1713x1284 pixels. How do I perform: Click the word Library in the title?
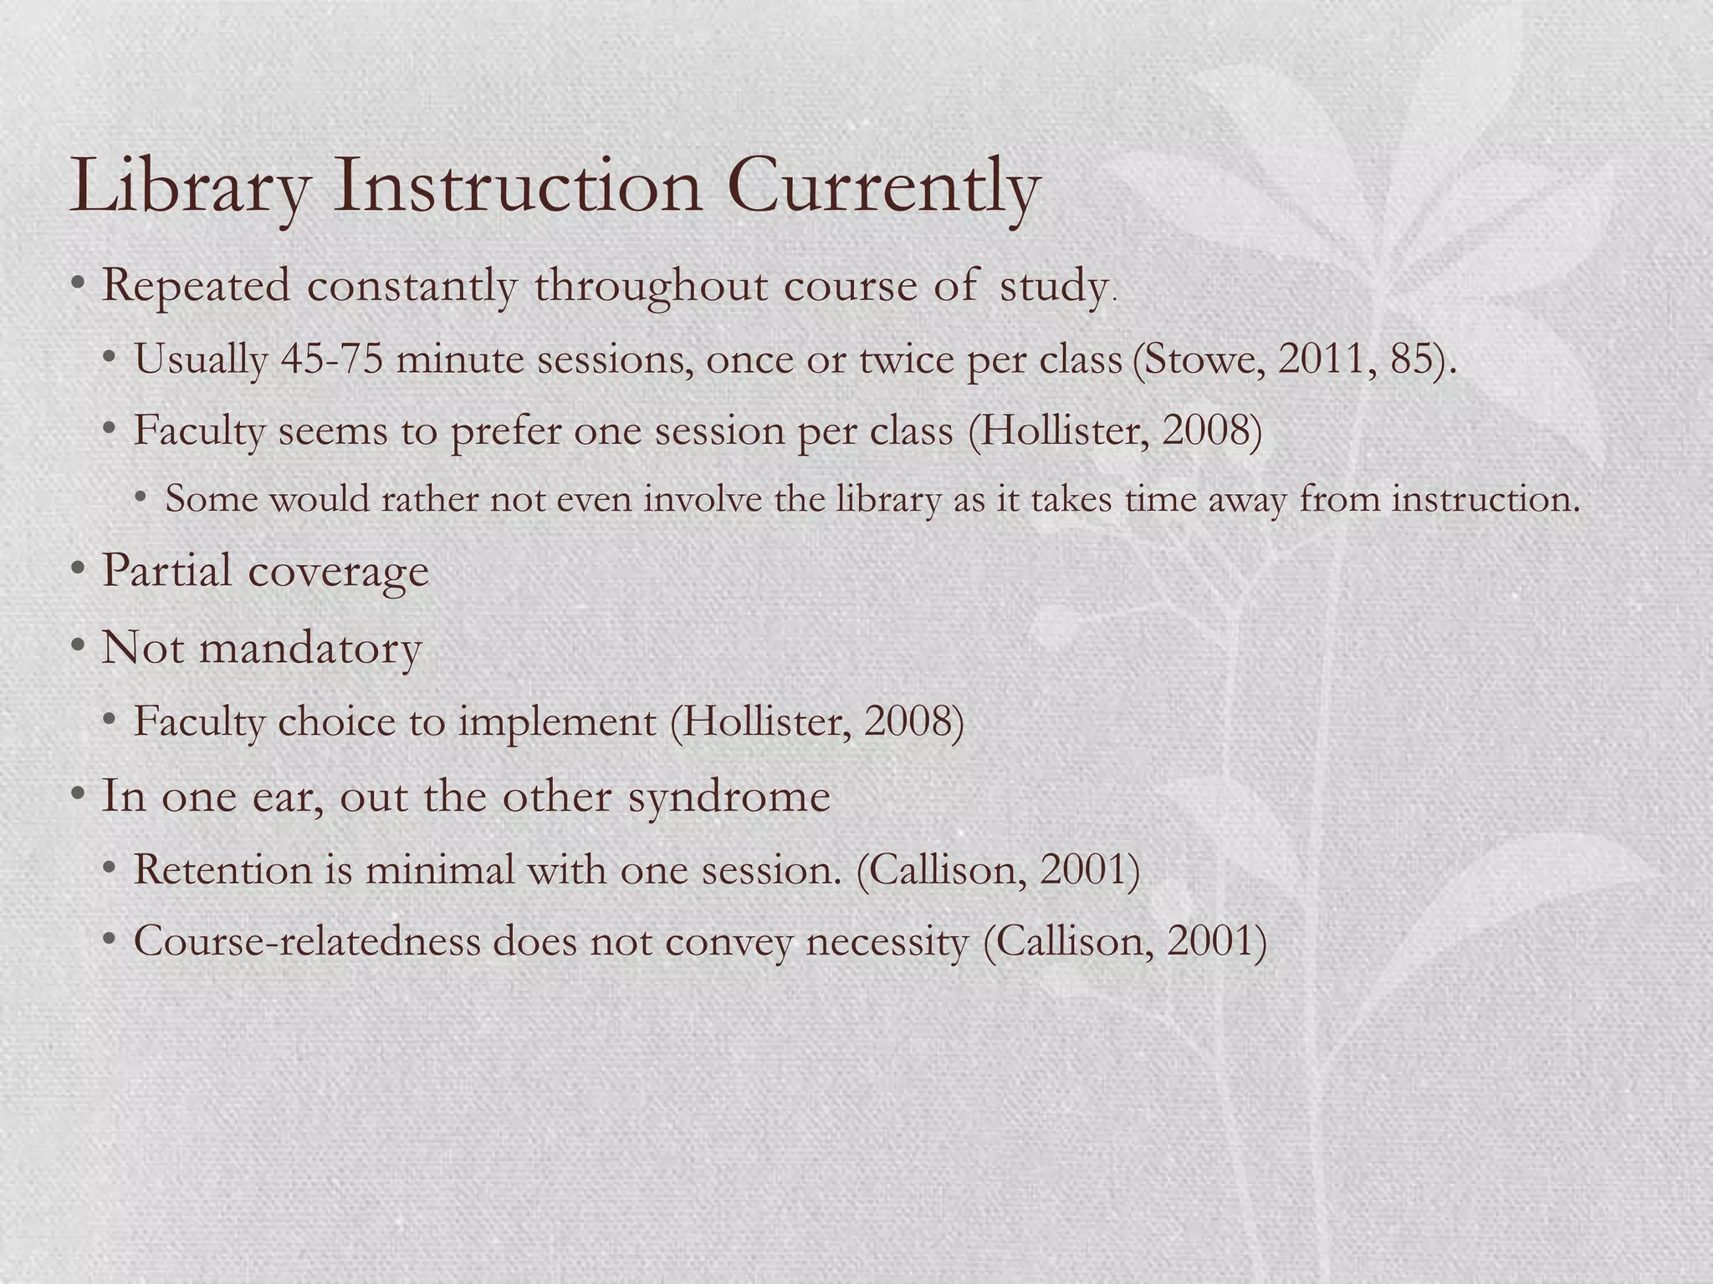[x=189, y=188]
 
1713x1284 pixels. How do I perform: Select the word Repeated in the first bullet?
[x=196, y=286]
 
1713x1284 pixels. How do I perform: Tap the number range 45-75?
[x=332, y=359]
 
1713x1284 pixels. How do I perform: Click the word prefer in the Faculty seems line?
[x=505, y=432]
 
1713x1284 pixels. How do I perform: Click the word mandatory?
[x=309, y=648]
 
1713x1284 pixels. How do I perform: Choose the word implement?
[x=557, y=721]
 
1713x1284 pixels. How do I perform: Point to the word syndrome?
[x=729, y=796]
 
